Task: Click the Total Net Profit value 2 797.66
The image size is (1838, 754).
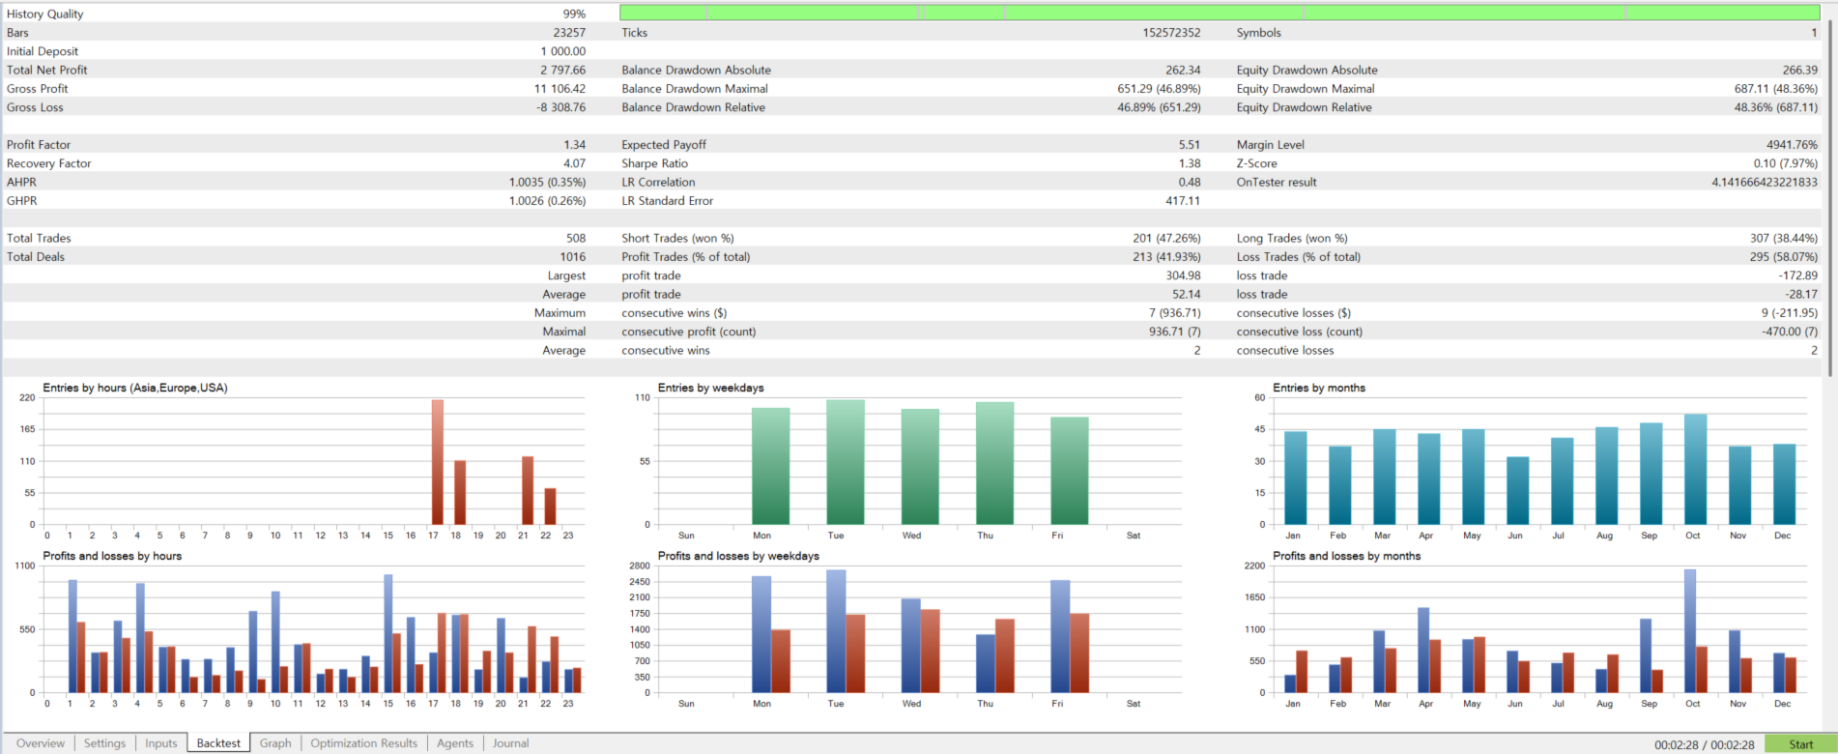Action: click(x=562, y=71)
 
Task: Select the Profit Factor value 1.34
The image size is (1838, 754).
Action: click(x=574, y=145)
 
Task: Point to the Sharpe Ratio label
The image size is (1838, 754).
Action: click(x=654, y=163)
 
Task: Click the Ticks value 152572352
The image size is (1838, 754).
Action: click(x=1171, y=33)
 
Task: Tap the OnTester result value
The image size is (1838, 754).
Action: click(x=1764, y=183)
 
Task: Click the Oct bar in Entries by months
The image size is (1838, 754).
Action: click(x=1695, y=470)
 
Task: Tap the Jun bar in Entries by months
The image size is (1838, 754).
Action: click(x=1517, y=491)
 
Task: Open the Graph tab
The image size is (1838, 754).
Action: click(x=275, y=743)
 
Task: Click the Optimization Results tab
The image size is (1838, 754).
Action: click(x=363, y=743)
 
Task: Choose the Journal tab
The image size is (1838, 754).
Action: click(x=510, y=743)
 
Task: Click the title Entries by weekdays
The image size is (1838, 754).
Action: click(x=710, y=389)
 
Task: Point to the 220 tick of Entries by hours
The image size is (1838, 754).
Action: click(x=27, y=398)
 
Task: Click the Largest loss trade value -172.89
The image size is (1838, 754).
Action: click(x=1797, y=276)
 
